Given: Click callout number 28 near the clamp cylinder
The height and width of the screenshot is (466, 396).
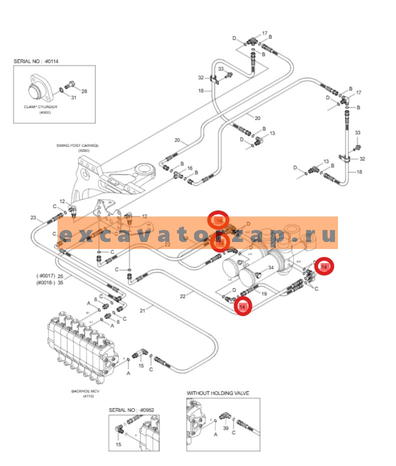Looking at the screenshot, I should [x=84, y=91].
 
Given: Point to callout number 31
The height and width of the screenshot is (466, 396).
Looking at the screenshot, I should [x=73, y=97].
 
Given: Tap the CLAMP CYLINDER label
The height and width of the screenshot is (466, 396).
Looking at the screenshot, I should [x=40, y=106].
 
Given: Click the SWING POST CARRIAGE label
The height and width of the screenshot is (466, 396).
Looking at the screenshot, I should [x=77, y=145].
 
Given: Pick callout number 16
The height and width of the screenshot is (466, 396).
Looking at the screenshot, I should [x=189, y=168].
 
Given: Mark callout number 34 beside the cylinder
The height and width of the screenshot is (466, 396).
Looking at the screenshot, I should [x=270, y=268].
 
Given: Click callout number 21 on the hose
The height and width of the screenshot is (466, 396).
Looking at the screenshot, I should [x=142, y=310].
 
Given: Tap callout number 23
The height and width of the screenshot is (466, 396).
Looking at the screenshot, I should [x=33, y=217].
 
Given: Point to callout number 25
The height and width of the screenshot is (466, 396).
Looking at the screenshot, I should [x=60, y=276].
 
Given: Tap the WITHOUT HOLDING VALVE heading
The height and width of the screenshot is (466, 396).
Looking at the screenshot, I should [x=217, y=393].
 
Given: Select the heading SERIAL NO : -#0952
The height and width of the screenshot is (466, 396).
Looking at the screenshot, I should [x=131, y=410].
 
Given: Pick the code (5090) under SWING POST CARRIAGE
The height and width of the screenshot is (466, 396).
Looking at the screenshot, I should [x=78, y=150].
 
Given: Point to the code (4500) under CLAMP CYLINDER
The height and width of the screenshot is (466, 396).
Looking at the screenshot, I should [x=45, y=112].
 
